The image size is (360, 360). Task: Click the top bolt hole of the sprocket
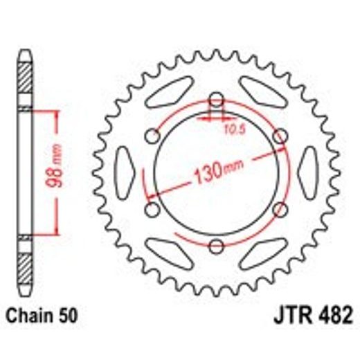click(216, 98)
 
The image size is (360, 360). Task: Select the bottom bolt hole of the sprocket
click(216, 246)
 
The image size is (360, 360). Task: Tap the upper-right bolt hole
click(280, 135)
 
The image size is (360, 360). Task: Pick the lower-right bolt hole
click(280, 208)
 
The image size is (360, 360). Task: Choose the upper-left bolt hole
click(152, 135)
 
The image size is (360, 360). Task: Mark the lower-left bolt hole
click(152, 208)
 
